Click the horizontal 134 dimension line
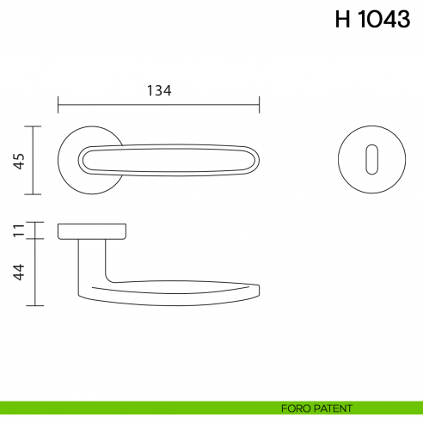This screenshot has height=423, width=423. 158,106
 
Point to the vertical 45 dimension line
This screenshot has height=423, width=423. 34,161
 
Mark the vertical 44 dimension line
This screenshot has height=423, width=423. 34,273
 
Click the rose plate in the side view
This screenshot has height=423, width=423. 93,230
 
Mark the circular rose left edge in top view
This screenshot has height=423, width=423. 58,160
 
